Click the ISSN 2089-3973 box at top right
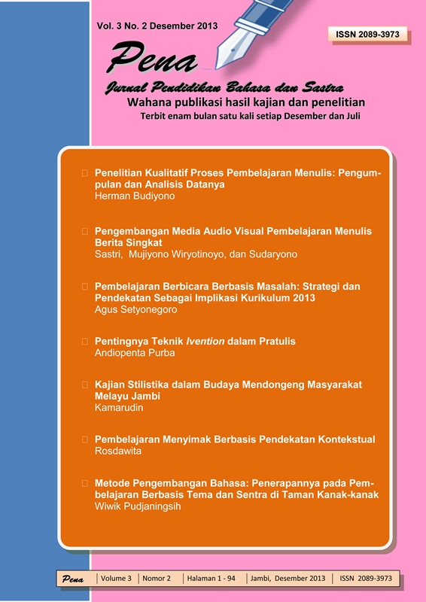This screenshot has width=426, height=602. [x=368, y=34]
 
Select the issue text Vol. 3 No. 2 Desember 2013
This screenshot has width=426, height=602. [x=157, y=26]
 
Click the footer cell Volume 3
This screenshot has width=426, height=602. [x=117, y=578]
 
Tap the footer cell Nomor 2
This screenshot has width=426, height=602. [x=157, y=578]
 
